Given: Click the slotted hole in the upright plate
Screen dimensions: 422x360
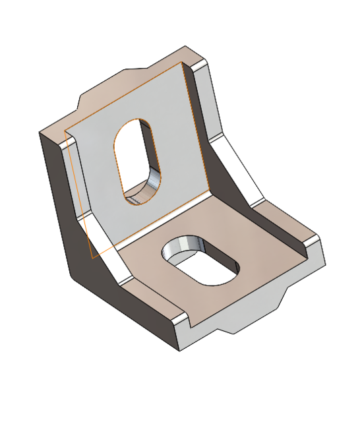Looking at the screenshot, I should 138,158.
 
